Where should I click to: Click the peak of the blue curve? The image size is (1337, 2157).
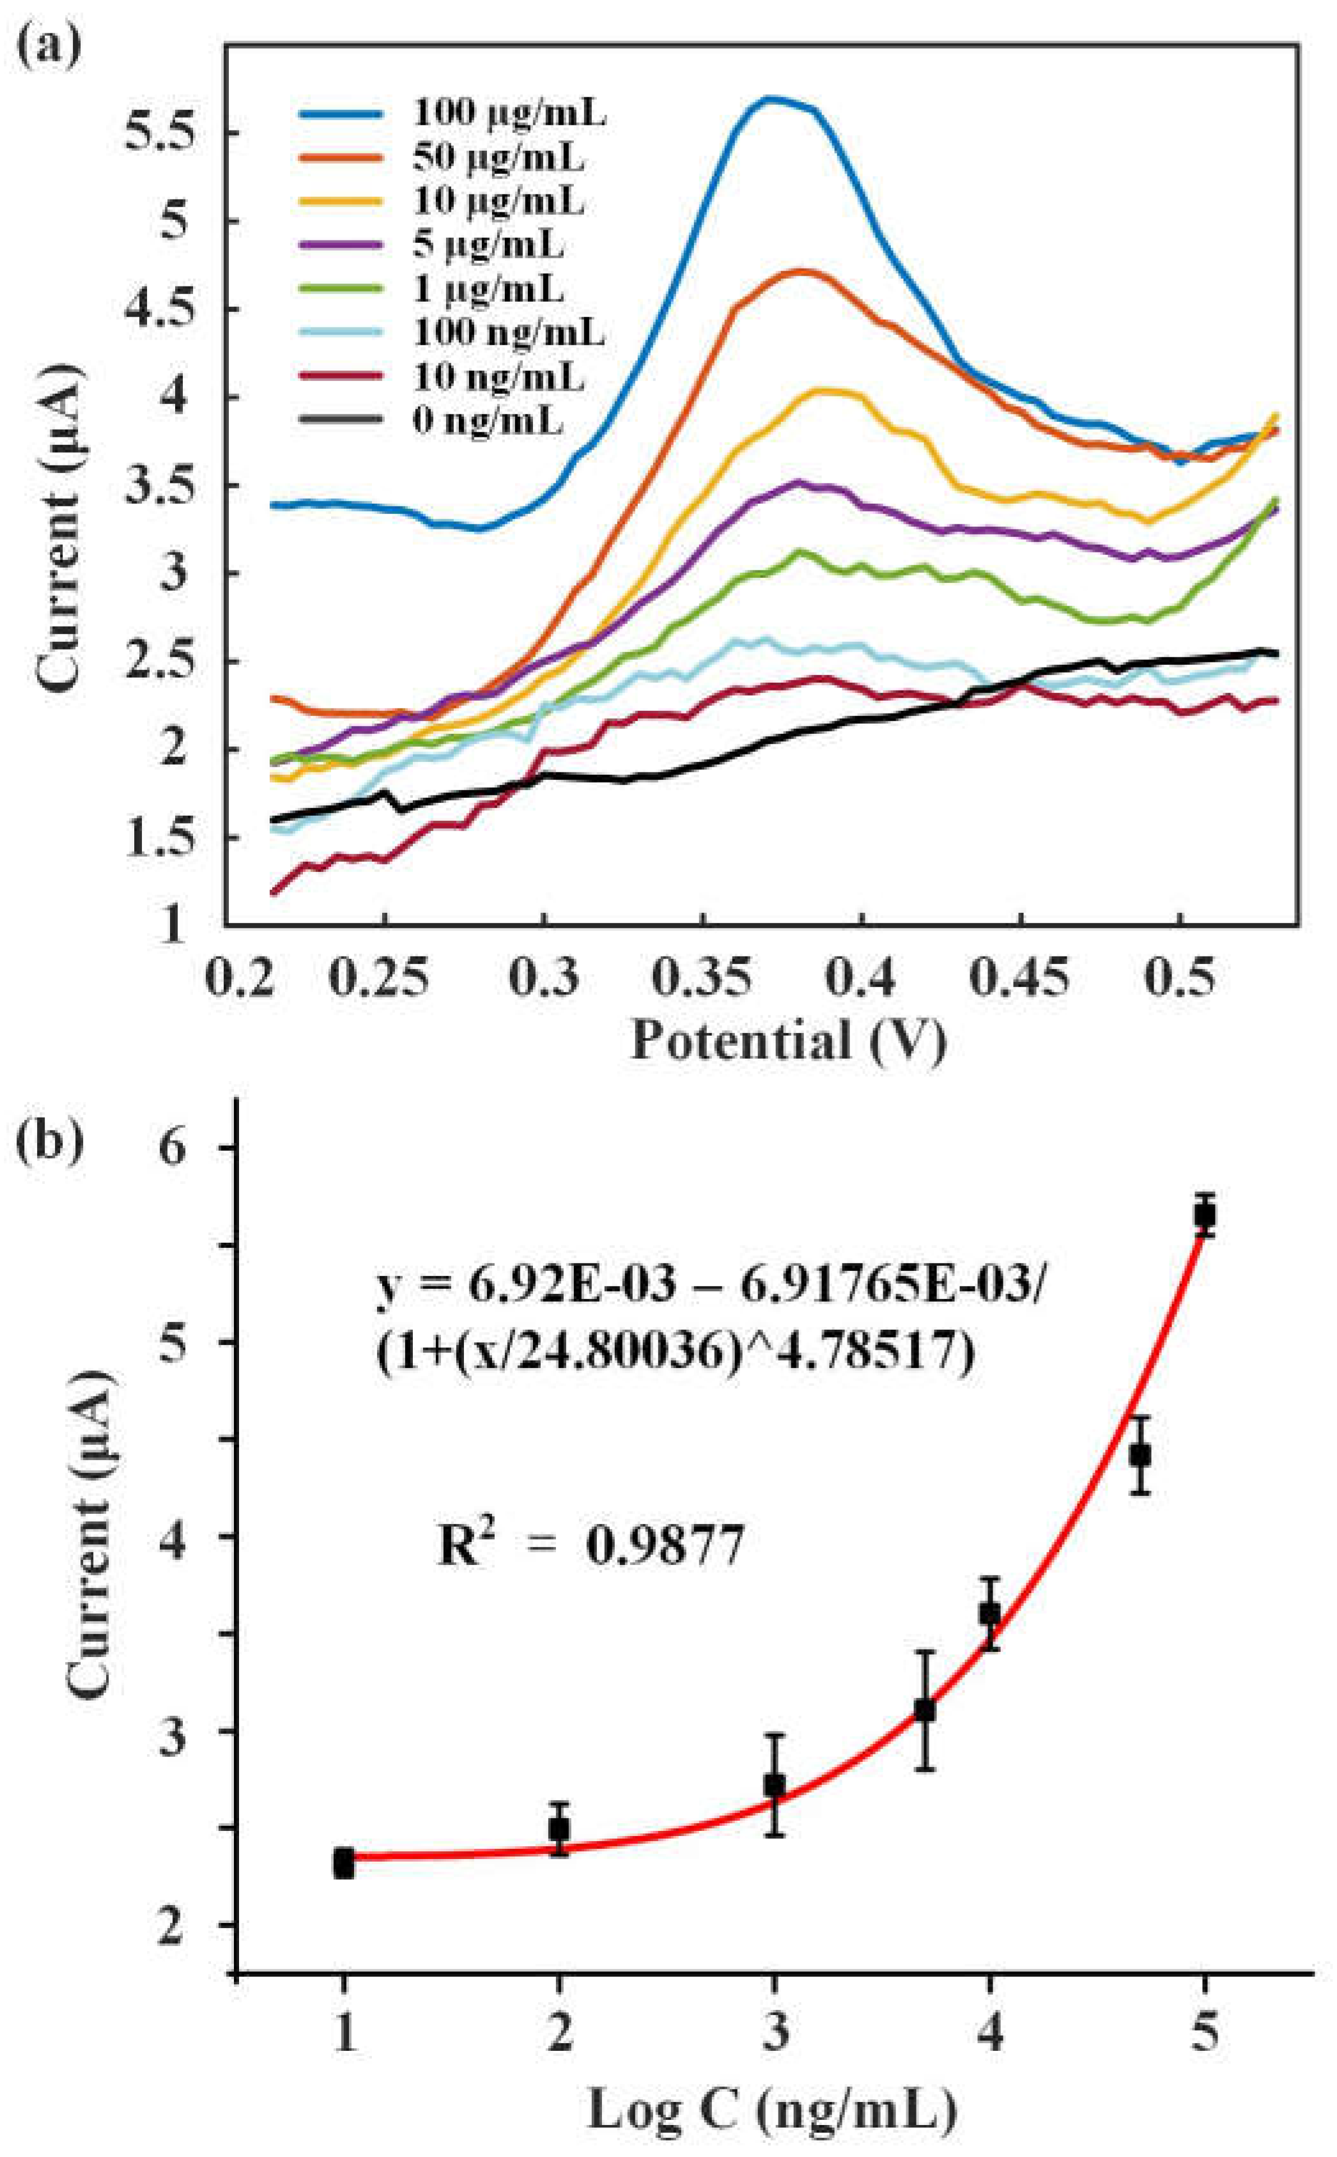pyautogui.click(x=771, y=99)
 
